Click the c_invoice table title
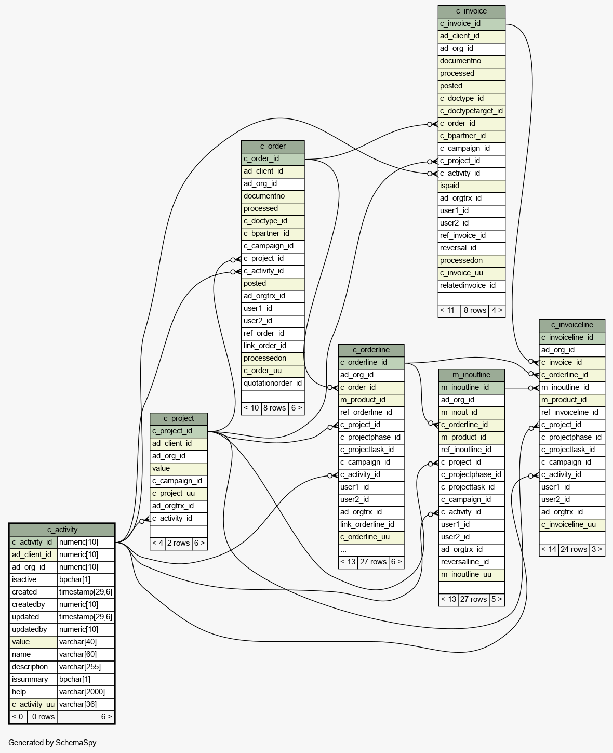471,11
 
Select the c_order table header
273,147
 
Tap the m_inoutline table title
471,375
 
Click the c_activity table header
62,530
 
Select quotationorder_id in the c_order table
273,384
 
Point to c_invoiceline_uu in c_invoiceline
571,525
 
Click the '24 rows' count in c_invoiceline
574,550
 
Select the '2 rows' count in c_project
178,544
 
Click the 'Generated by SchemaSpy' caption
52,743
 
